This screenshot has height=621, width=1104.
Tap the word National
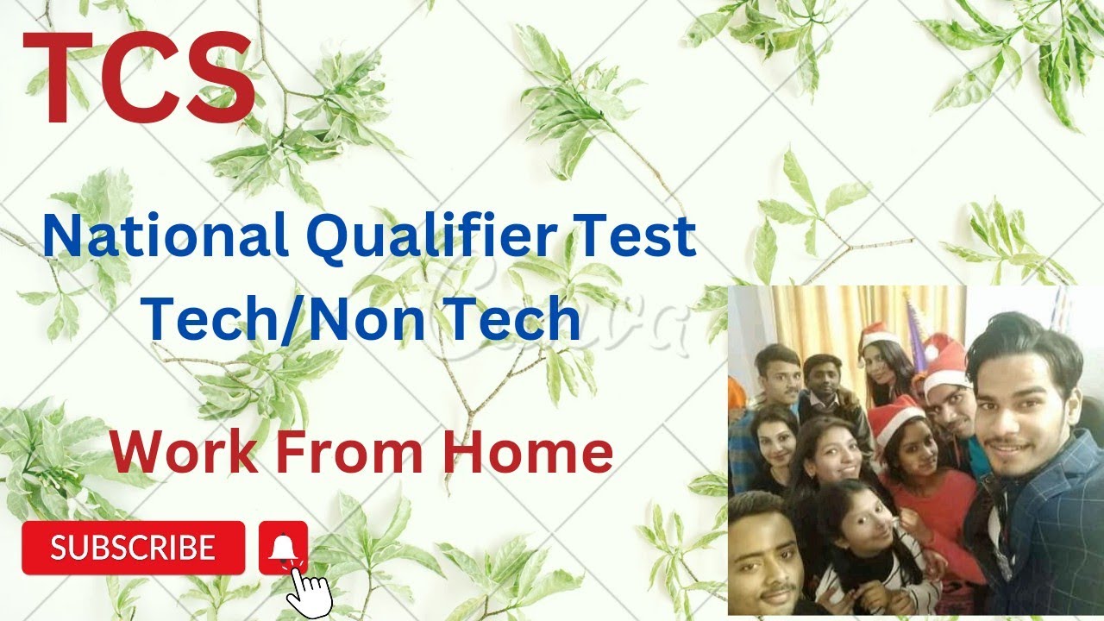click(164, 238)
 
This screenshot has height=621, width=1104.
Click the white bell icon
click(283, 547)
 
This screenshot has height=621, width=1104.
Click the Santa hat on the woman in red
click(894, 417)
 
